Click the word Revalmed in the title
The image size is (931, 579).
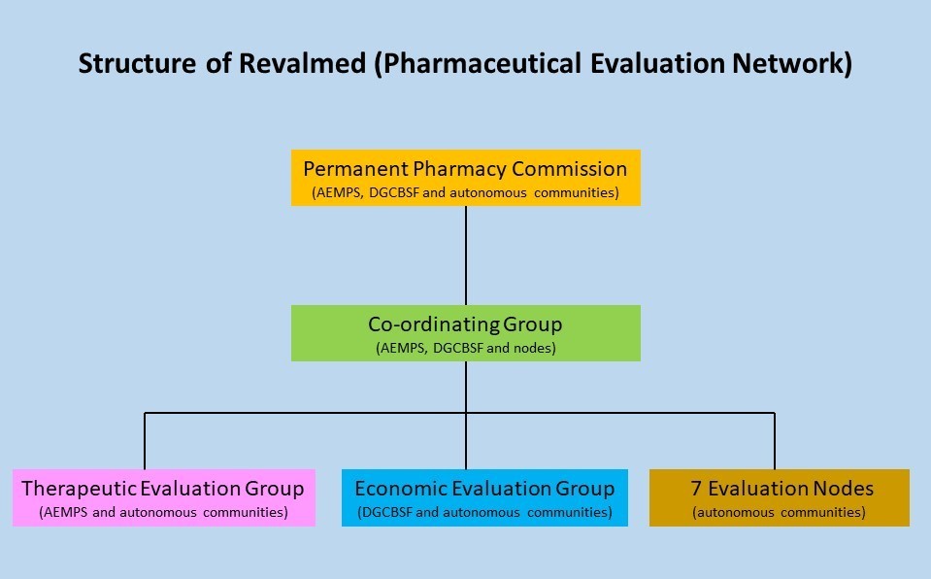(x=302, y=63)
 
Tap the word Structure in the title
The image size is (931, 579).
(x=137, y=63)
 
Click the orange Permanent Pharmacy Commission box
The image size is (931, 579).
(x=466, y=178)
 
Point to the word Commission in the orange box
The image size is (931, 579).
(x=570, y=169)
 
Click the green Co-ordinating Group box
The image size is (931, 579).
(x=466, y=333)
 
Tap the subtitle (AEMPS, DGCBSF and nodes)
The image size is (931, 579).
(x=466, y=348)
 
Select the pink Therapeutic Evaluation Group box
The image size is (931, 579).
(x=164, y=497)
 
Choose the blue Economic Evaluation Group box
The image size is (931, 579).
(x=484, y=497)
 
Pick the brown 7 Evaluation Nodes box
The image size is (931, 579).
(x=779, y=497)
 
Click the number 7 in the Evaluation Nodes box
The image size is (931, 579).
(x=696, y=489)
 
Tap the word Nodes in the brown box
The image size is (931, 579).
(x=843, y=489)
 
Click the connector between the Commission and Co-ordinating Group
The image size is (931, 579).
(x=466, y=255)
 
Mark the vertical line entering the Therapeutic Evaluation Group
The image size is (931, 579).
(x=145, y=441)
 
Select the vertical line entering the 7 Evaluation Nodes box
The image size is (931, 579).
(x=775, y=441)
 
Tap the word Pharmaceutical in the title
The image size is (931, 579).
(x=482, y=63)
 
